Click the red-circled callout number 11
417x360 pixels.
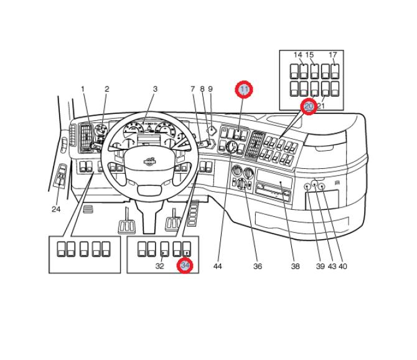pos(245,90)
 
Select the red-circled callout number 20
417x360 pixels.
pos(309,107)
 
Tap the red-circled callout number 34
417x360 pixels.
pos(185,265)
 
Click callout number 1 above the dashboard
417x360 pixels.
pos(82,89)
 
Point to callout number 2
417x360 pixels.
pos(106,89)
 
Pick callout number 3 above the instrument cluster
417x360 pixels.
pos(155,89)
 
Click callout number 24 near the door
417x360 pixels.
pos(56,209)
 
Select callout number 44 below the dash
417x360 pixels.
pos(217,266)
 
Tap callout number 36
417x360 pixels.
pos(258,266)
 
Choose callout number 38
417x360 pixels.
pos(296,266)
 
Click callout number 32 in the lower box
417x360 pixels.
pos(160,266)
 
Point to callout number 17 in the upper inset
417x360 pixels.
pos(333,55)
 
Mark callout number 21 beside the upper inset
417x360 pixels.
pos(322,107)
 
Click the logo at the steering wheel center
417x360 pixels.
pos(149,163)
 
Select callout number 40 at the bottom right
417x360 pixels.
pos(343,266)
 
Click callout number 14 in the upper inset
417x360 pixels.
pos(298,55)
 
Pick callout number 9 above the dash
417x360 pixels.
pos(210,89)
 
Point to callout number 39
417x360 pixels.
pos(321,266)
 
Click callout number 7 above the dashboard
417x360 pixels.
pos(193,89)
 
